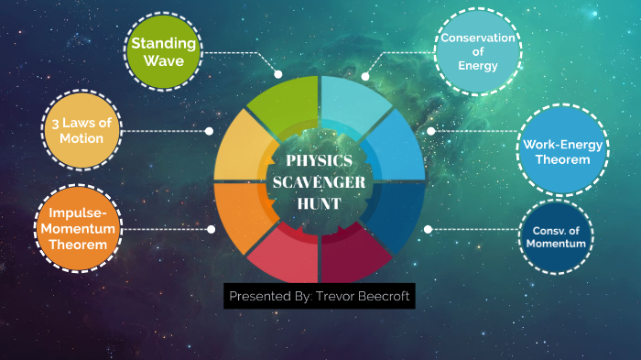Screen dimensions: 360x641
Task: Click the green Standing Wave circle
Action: pyautogui.click(x=163, y=51)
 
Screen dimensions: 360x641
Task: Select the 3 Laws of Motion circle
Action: pyautogui.click(x=83, y=130)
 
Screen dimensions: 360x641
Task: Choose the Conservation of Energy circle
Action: pyautogui.click(x=477, y=51)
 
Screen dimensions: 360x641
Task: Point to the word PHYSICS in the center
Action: pyautogui.click(x=320, y=161)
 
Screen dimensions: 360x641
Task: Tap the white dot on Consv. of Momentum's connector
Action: pyautogui.click(x=429, y=229)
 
